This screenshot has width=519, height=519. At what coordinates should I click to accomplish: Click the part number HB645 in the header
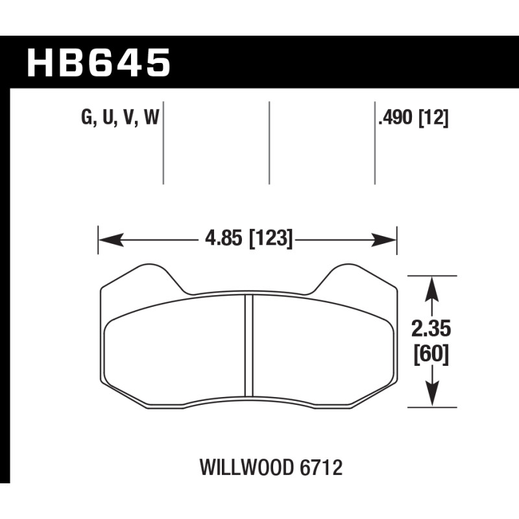99,62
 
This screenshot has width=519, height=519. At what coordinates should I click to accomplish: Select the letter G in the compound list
86,117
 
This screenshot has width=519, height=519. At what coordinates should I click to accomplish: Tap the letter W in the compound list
152,117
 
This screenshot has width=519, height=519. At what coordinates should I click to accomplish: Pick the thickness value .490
396,117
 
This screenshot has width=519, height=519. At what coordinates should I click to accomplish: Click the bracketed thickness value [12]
433,118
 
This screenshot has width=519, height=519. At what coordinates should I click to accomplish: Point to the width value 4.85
223,238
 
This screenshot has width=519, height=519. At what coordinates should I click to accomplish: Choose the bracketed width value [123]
271,239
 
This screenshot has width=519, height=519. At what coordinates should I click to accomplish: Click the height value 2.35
431,330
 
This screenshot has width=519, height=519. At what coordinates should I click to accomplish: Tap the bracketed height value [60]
431,355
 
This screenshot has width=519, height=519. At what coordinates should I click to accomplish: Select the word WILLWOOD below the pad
247,467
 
